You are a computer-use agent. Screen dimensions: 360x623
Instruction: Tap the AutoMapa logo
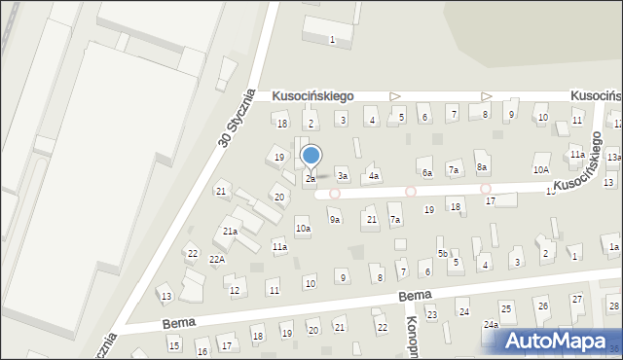pos(555,341)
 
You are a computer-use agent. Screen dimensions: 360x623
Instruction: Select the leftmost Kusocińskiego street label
pos(312,96)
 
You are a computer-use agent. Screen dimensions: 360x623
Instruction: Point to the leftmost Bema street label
pos(179,320)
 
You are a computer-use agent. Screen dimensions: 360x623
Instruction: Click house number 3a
pos(343,176)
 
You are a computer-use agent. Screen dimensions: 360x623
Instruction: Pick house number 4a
pos(374,176)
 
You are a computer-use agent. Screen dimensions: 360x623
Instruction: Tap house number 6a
pos(426,172)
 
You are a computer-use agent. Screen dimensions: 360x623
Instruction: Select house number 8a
pos(481,167)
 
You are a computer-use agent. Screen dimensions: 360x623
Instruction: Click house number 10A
pos(540,169)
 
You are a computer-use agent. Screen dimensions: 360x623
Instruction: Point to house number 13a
pos(613,157)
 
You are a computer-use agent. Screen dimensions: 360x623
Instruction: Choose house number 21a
pos(230,232)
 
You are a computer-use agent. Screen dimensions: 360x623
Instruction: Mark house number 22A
pos(217,259)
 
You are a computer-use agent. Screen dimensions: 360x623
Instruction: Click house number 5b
pos(442,254)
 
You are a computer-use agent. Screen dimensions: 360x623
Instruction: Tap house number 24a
pos(492,324)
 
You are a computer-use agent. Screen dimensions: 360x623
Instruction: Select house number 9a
pos(334,220)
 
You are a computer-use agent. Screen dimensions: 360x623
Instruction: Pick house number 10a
pos(303,229)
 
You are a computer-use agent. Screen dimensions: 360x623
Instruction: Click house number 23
pos(432,314)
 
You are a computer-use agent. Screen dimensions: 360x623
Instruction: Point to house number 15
pos(173,345)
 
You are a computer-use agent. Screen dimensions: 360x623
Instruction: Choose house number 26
pos(543,306)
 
